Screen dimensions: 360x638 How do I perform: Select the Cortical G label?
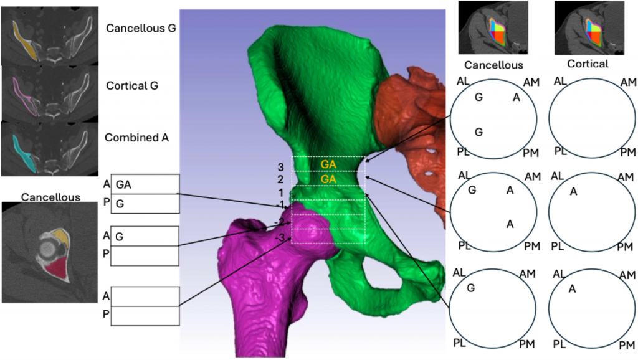pyautogui.click(x=132, y=85)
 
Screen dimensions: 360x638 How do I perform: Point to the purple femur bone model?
pyautogui.click(x=268, y=287)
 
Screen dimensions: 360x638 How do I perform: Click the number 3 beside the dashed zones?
pyautogui.click(x=281, y=167)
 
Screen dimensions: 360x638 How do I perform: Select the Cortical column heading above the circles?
pyautogui.click(x=588, y=64)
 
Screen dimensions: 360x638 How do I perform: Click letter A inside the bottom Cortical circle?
pyautogui.click(x=573, y=288)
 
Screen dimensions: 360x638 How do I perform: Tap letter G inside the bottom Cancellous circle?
pyautogui.click(x=470, y=287)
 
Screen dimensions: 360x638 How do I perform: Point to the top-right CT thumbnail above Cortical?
pyautogui.click(x=580, y=27)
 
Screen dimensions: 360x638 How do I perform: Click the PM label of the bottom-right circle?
pyautogui.click(x=625, y=343)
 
